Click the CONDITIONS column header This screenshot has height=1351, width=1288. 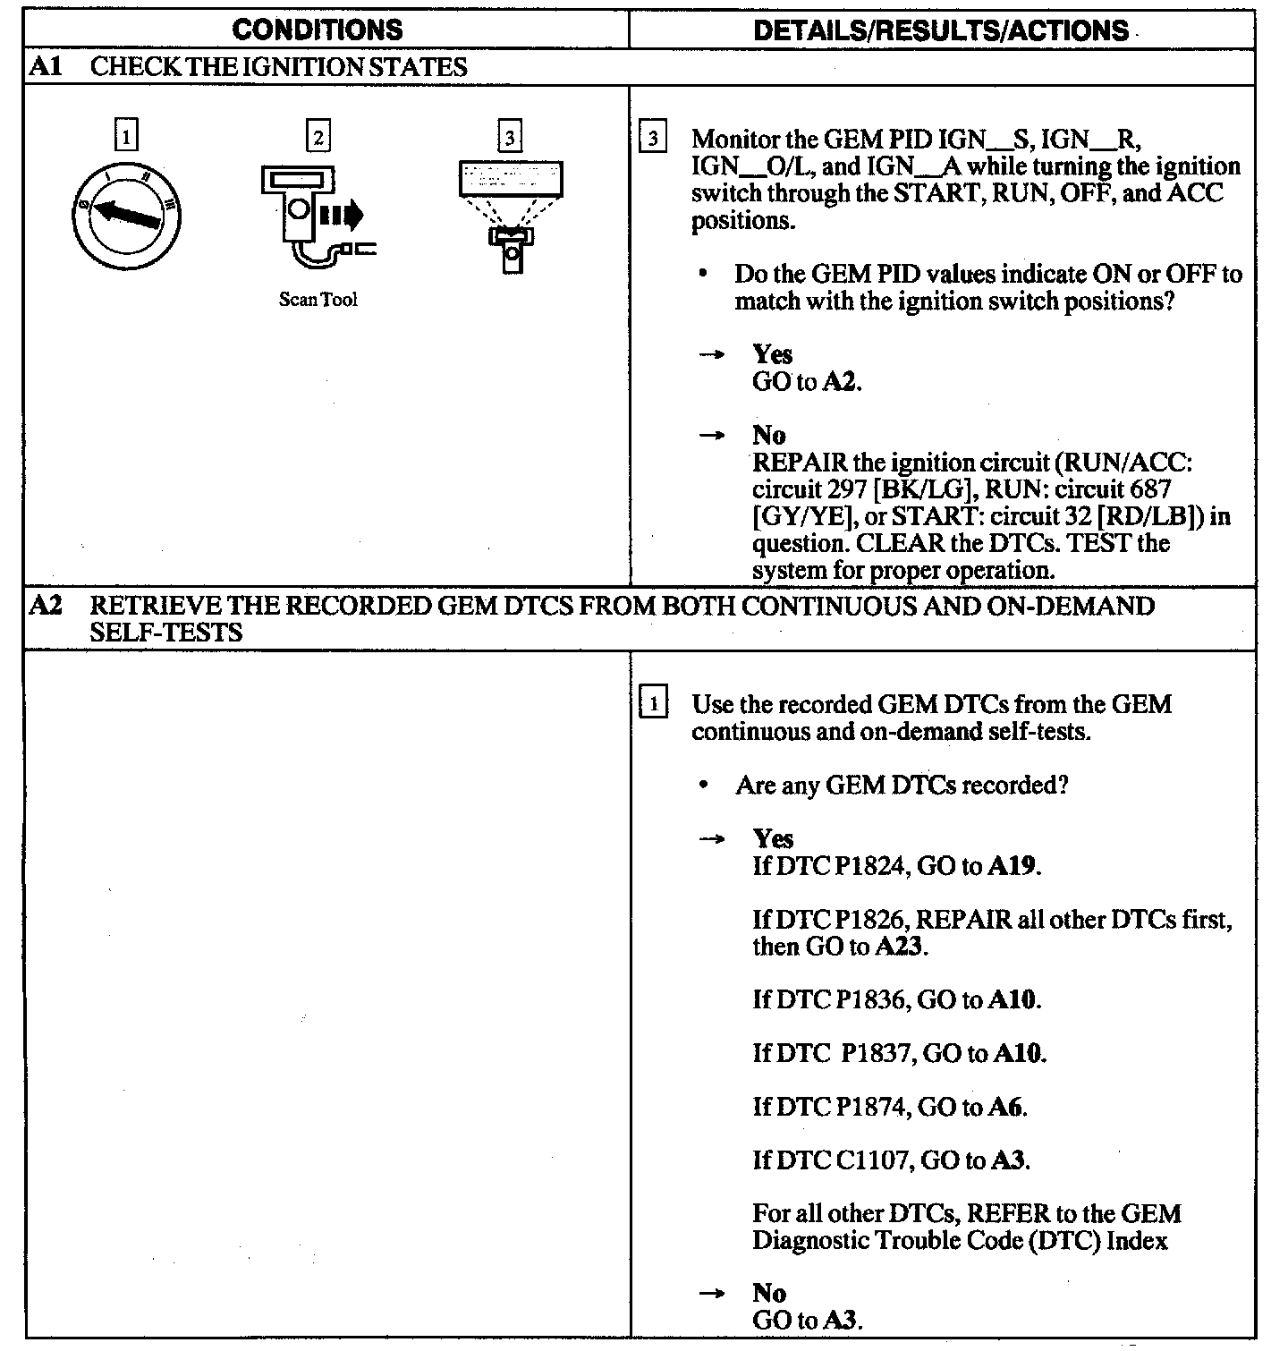click(318, 30)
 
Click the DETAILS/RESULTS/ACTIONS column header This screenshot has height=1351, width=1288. click(941, 30)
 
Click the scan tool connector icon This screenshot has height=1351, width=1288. click(313, 215)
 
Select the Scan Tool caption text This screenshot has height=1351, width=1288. click(318, 301)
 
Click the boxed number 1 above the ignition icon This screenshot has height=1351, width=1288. click(127, 137)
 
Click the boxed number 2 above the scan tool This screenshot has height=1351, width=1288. click(318, 137)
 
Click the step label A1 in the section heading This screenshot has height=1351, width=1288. click(45, 67)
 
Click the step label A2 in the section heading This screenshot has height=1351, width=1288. click(45, 606)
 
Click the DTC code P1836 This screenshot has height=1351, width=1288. click(861, 999)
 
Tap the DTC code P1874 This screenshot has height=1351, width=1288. click(861, 1108)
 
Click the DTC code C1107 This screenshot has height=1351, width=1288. click(862, 1161)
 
